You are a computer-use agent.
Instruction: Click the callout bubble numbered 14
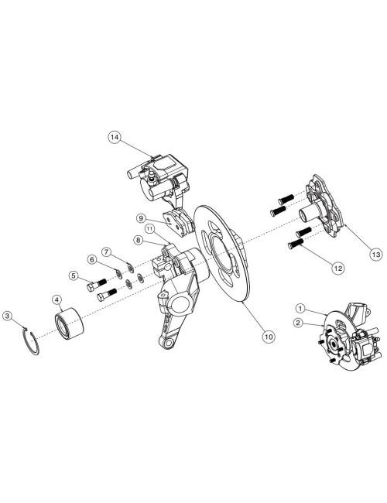[115, 137]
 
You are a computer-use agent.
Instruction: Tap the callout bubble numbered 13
[375, 255]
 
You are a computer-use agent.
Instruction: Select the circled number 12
[338, 268]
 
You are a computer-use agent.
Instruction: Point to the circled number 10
[269, 337]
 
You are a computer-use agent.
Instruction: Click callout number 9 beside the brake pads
[142, 218]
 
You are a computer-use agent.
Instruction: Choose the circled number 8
[139, 240]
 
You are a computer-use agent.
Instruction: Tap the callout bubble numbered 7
[108, 252]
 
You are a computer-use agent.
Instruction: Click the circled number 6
[92, 259]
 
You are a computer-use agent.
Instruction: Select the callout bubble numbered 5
[74, 275]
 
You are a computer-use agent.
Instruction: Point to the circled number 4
[57, 300]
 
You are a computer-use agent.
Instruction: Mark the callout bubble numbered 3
[8, 316]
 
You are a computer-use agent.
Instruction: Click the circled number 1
[300, 309]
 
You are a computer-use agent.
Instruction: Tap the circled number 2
[299, 323]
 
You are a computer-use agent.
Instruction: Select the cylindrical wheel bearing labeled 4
[69, 322]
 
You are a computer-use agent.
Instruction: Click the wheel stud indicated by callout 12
[296, 244]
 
